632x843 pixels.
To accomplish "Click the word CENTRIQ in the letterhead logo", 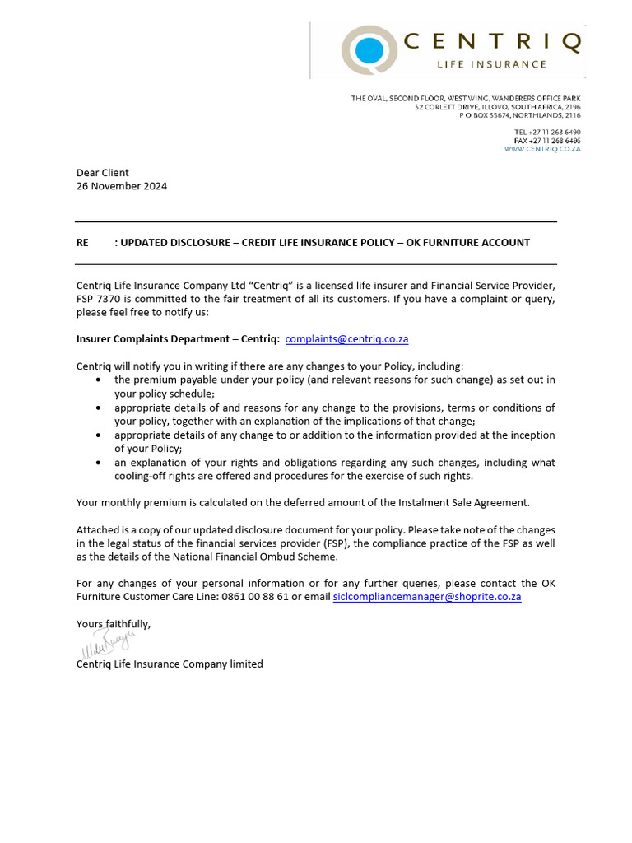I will click(494, 42).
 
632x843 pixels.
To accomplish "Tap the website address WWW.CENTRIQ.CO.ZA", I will click(542, 149).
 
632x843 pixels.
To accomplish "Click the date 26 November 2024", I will click(122, 186).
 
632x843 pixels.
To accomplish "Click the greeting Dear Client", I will click(103, 173).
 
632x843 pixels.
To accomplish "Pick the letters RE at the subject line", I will click(82, 243).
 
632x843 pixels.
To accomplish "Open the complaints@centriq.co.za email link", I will click(346, 338).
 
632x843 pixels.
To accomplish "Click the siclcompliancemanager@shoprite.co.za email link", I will click(427, 597).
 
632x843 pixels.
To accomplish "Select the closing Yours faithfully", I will click(114, 624).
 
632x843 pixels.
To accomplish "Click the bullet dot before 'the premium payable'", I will click(100, 380).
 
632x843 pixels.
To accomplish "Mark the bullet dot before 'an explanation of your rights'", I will click(100, 463).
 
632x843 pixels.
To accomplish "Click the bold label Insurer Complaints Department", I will click(152, 338).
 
